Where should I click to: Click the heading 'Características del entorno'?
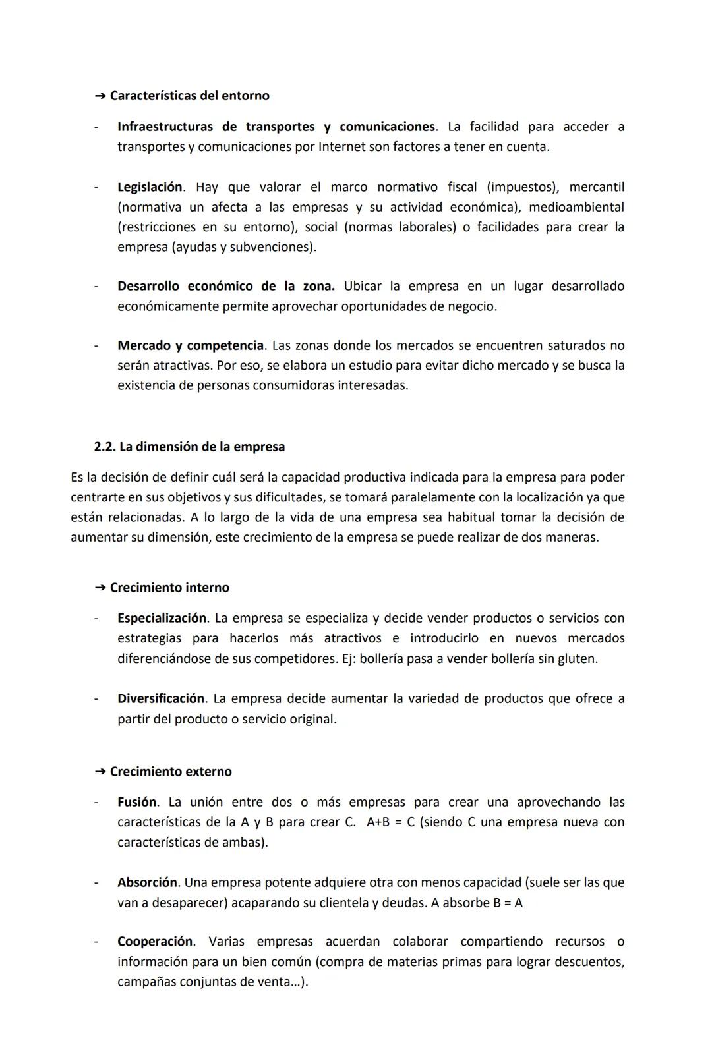[189, 96]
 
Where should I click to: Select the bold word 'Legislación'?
[150, 187]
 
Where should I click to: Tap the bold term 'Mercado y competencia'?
[191, 345]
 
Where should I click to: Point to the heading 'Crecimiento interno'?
[169, 588]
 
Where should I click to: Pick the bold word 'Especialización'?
[162, 618]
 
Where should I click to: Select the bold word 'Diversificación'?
[162, 698]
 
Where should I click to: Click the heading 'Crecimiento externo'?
[171, 772]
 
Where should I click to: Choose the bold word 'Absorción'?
[148, 882]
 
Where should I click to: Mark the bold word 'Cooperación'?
[156, 941]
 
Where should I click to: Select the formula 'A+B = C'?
[390, 822]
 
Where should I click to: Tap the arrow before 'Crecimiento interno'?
[100, 588]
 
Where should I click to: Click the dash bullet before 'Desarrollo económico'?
[96, 287]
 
